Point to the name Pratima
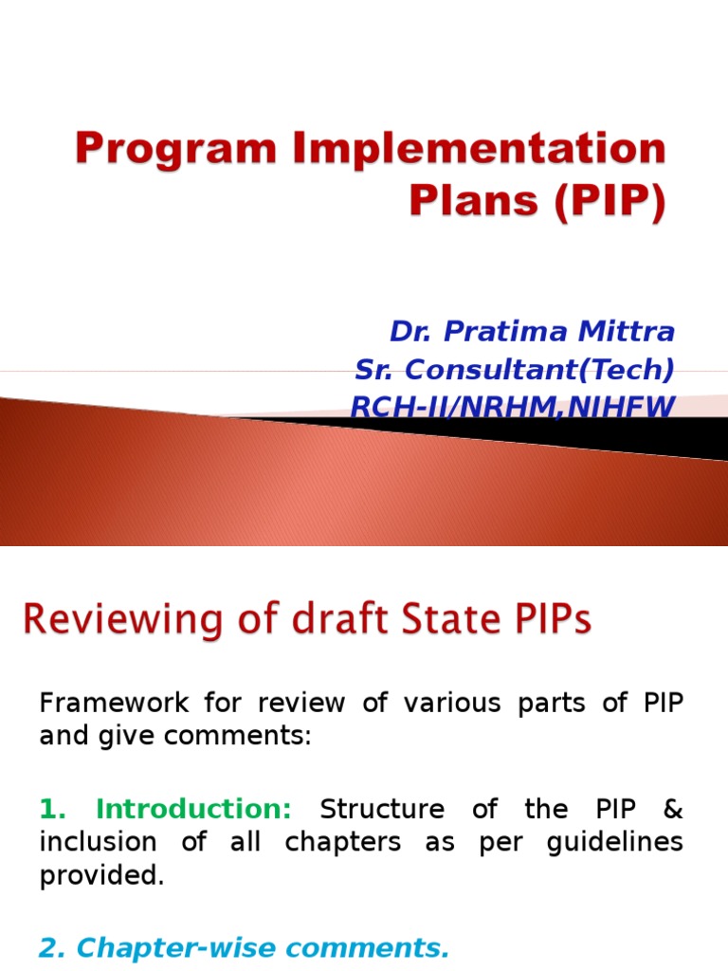[494, 331]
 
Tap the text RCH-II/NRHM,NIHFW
[513, 406]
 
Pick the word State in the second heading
[426, 621]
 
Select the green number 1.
[52, 809]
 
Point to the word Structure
[383, 809]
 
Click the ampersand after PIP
[673, 809]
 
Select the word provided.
[101, 875]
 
